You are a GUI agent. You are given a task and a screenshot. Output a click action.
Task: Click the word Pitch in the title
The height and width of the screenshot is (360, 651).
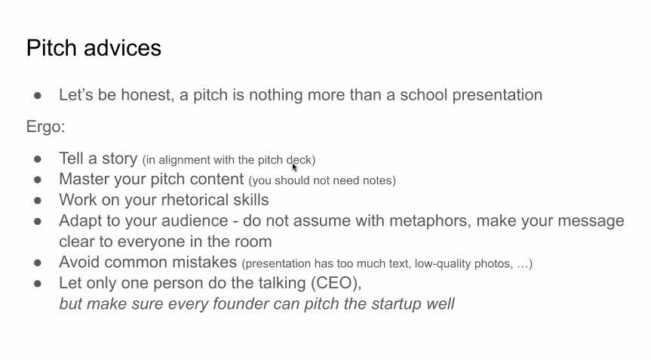pyautogui.click(x=52, y=48)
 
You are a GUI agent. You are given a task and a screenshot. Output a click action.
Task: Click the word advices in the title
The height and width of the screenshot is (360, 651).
pyautogui.click(x=122, y=48)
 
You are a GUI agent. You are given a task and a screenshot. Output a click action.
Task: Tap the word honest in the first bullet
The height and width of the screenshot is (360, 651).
pyautogui.click(x=147, y=95)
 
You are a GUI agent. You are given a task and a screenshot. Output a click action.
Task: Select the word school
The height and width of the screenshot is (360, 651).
pyautogui.click(x=423, y=94)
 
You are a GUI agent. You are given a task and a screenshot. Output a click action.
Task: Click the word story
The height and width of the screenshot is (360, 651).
pyautogui.click(x=120, y=159)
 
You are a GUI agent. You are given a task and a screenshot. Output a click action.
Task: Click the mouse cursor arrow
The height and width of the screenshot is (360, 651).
pyautogui.click(x=294, y=168)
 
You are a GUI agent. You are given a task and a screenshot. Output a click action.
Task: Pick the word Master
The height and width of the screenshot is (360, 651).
pyautogui.click(x=84, y=179)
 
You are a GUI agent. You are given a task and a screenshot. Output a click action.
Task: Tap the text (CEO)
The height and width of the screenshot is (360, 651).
pyautogui.click(x=336, y=283)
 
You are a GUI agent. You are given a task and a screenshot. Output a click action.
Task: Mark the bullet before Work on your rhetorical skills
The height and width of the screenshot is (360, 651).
pyautogui.click(x=38, y=201)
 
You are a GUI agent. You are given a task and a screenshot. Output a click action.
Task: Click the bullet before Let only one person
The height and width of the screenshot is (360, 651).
pyautogui.click(x=38, y=284)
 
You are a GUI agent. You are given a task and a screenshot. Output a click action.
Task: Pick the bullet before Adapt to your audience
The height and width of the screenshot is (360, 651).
pyautogui.click(x=38, y=221)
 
